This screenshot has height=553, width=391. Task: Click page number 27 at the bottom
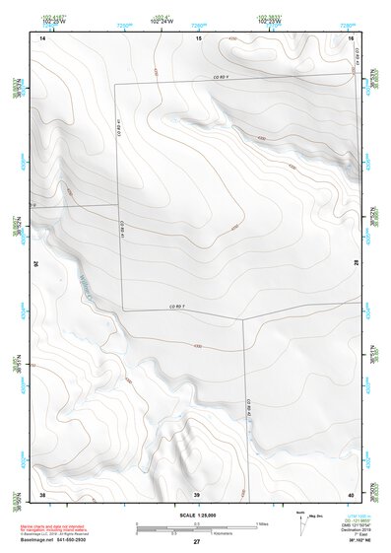click(x=196, y=542)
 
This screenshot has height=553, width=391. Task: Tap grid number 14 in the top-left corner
click(x=42, y=37)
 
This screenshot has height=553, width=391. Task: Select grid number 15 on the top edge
click(x=198, y=37)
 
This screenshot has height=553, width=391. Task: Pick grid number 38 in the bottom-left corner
click(x=42, y=493)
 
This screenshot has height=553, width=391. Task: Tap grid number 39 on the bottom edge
click(x=196, y=493)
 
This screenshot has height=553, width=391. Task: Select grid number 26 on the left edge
click(x=38, y=264)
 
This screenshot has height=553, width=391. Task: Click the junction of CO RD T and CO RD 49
click(x=243, y=318)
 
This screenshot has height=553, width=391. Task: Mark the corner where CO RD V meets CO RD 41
click(x=115, y=83)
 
